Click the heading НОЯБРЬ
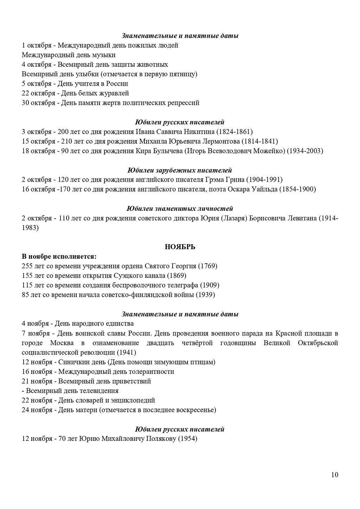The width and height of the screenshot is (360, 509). click(x=180, y=247)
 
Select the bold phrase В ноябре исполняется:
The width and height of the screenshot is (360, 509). click(x=59, y=256)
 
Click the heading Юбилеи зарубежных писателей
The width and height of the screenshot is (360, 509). click(x=180, y=170)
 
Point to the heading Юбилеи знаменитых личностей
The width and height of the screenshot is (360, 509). click(x=180, y=208)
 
